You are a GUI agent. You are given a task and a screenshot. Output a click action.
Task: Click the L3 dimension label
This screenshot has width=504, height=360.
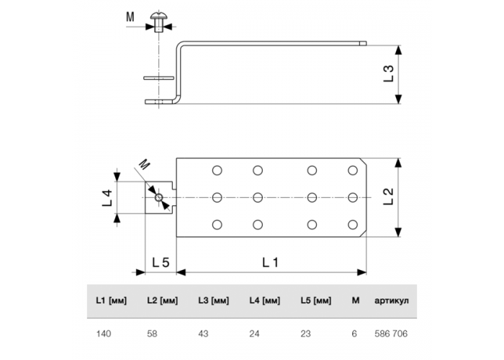point(389,73)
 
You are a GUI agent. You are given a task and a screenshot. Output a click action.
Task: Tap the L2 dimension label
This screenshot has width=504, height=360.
point(389,197)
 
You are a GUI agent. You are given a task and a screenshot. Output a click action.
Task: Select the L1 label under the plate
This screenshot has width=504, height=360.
point(270,263)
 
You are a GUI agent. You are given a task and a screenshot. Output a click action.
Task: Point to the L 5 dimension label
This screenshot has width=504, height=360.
point(161,263)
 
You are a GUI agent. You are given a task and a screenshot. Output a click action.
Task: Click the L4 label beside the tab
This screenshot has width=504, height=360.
point(107,198)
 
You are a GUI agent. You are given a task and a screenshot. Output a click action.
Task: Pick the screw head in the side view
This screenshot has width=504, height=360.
point(158,16)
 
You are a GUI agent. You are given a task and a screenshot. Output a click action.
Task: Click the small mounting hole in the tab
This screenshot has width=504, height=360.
point(158,198)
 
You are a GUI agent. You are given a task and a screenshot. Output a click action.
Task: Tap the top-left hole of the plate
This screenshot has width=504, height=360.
point(217,171)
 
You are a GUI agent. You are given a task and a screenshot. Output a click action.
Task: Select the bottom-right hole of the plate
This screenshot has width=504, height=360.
point(353,225)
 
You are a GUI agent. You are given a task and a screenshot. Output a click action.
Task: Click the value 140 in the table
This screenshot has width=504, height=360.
point(104,334)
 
